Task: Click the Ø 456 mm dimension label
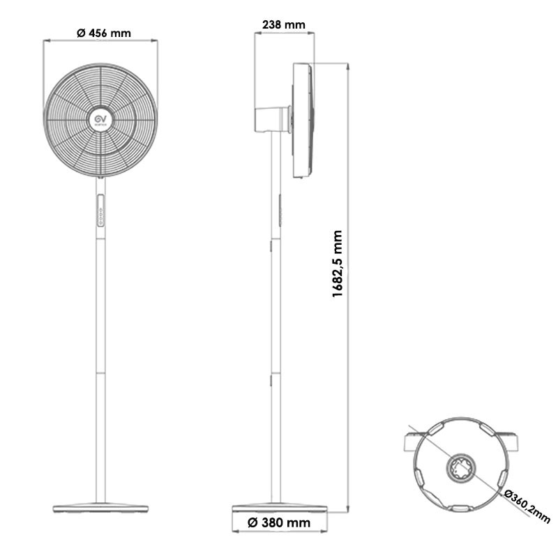[104, 33]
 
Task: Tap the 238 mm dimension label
[284, 24]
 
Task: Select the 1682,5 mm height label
[337, 264]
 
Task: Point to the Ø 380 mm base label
[279, 522]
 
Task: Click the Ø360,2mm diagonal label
[527, 506]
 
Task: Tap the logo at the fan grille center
[100, 120]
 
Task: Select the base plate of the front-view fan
[100, 508]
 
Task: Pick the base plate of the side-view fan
[280, 508]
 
